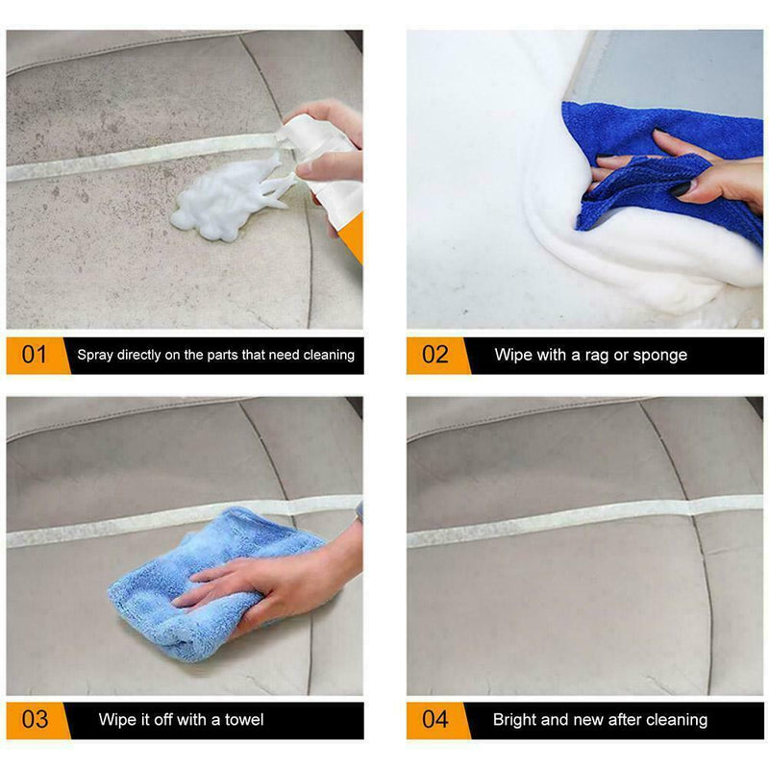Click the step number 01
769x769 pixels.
[x=35, y=355]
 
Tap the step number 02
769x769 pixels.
[x=434, y=355]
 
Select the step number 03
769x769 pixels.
[x=35, y=720]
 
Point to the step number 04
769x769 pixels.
[x=434, y=720]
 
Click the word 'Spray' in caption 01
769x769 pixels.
[x=95, y=355]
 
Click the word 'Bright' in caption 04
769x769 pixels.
[x=516, y=719]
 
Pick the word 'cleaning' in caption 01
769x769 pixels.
[x=328, y=355]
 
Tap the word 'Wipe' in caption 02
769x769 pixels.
[x=513, y=355]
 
